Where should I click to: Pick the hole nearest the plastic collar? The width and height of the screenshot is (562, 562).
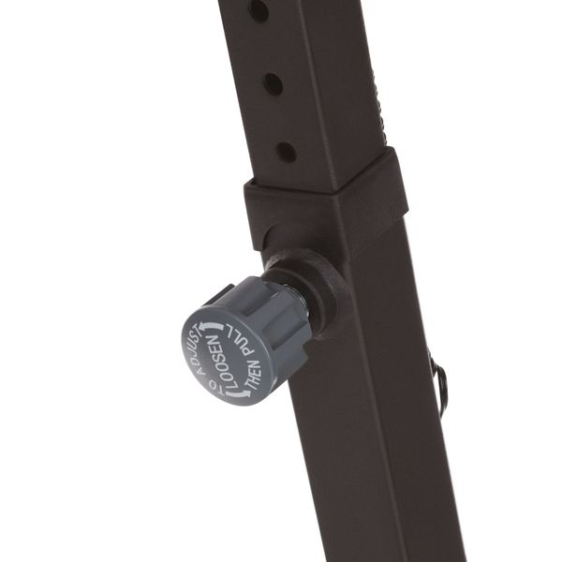pos(286,152)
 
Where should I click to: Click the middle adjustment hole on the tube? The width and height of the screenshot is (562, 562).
pos(273,82)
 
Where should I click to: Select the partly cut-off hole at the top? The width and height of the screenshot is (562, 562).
pos(259,10)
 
